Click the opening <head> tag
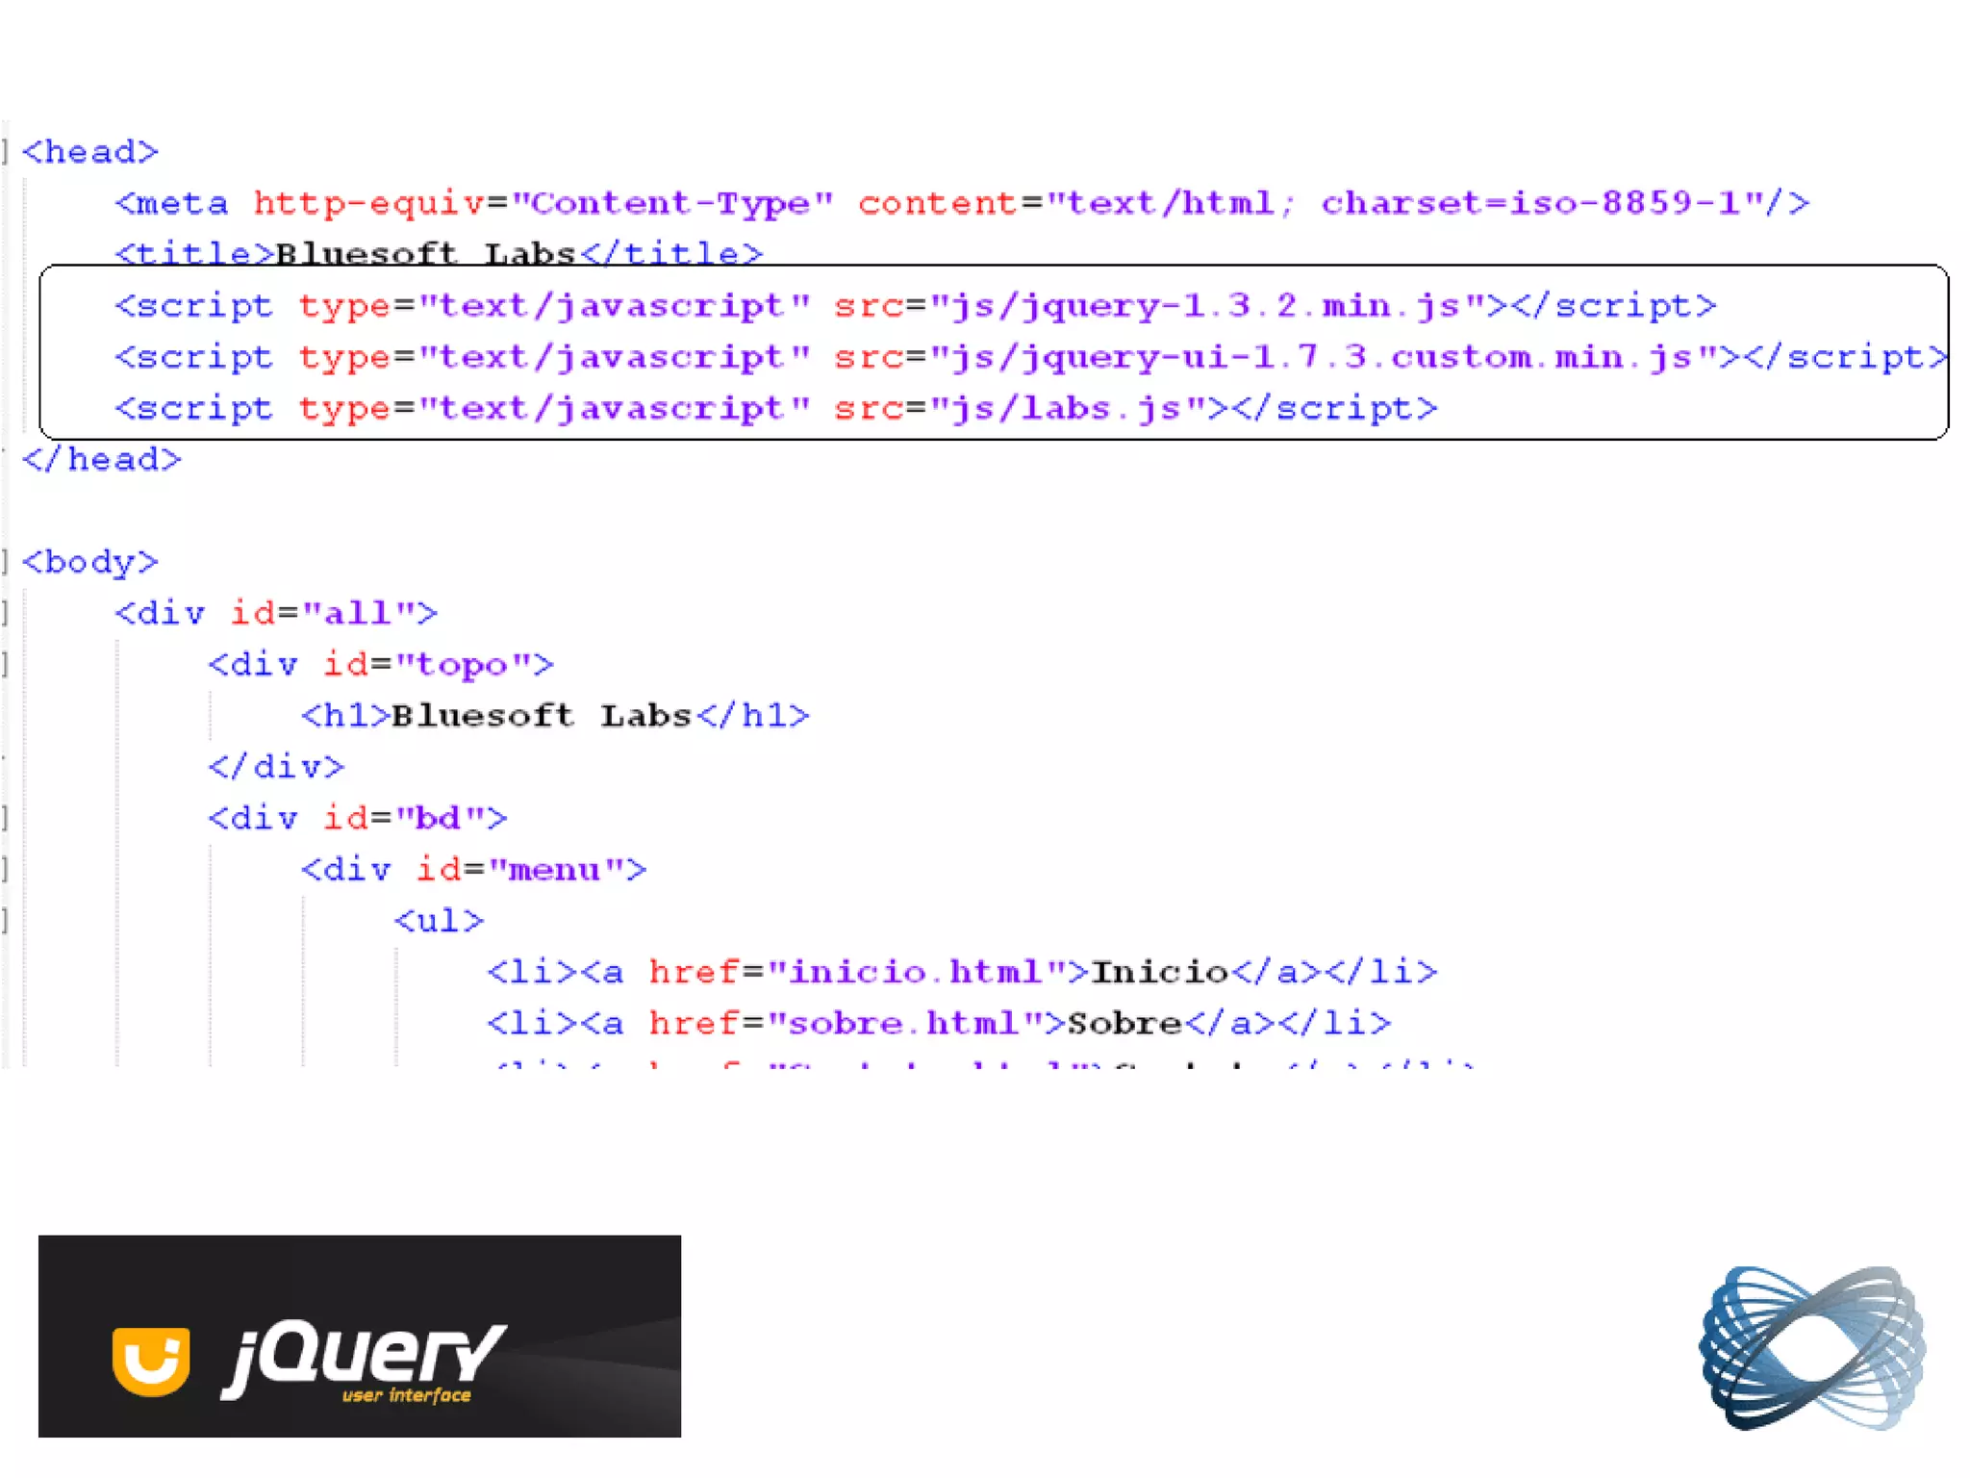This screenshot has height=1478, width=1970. click(x=89, y=152)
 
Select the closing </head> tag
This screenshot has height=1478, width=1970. click(x=102, y=460)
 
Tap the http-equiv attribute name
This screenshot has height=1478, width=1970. click(x=369, y=203)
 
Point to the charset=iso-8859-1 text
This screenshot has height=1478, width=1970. click(x=1530, y=203)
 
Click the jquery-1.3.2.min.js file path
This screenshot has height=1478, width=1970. click(x=1207, y=306)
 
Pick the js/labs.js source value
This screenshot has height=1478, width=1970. click(x=1067, y=409)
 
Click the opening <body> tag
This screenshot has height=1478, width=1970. click(x=89, y=562)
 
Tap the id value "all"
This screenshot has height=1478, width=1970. click(x=358, y=613)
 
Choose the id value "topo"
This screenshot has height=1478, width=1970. click(x=463, y=665)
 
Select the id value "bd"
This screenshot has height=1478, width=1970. click(x=439, y=819)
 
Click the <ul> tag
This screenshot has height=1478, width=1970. click(x=439, y=921)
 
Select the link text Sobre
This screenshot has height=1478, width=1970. click(x=1124, y=1023)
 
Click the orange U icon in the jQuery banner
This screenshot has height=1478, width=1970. click(x=151, y=1360)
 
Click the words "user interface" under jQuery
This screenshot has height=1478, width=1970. click(x=407, y=1395)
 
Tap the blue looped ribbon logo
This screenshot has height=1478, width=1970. click(x=1813, y=1347)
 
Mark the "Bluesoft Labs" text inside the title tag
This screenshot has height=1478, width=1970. click(x=425, y=253)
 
